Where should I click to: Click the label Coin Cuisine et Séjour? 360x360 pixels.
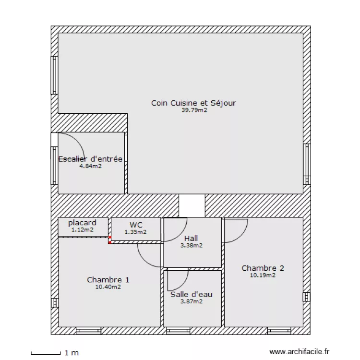tap(193, 103)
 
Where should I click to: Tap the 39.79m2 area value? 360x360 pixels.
tap(194, 110)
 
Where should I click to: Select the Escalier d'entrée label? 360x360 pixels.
tap(90, 159)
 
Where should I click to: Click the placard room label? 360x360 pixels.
tap(82, 223)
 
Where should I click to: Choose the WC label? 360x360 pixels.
tap(135, 225)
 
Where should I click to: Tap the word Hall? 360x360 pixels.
tap(191, 238)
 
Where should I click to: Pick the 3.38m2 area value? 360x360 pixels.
tap(191, 245)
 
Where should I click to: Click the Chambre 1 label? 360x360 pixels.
tap(108, 280)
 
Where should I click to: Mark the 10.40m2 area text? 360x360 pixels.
tap(108, 287)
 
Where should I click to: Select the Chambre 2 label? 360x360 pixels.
tap(263, 268)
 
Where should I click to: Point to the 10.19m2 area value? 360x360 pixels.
tap(263, 276)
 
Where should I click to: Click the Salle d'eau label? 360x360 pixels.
tap(191, 294)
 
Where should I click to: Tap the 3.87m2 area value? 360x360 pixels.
tap(191, 301)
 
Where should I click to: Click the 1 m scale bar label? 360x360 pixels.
tap(72, 353)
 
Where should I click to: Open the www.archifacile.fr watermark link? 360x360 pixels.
tap(300, 352)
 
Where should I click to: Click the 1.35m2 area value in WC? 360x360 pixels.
tap(135, 232)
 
